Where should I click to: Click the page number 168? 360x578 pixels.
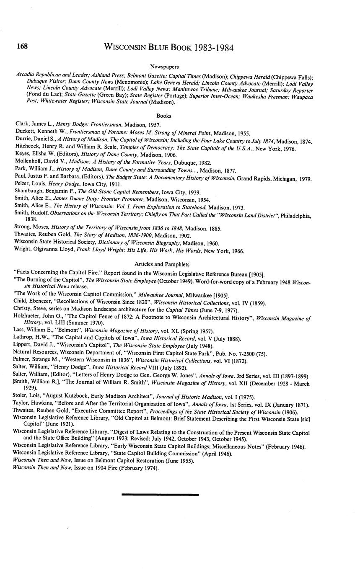pos(22,46)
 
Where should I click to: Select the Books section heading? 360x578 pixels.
pos(164,116)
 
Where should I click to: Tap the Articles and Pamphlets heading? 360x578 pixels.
pos(162,264)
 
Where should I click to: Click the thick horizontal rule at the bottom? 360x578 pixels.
pos(160,495)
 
